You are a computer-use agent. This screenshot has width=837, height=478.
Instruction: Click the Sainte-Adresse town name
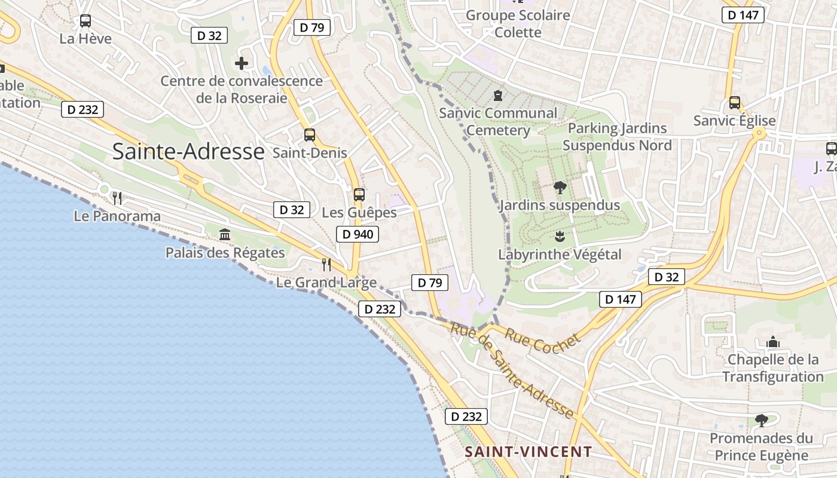(x=188, y=152)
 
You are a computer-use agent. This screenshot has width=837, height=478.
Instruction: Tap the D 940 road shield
(x=358, y=234)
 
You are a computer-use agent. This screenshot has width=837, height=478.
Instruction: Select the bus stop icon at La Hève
(x=85, y=21)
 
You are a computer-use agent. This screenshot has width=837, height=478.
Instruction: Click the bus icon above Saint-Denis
(x=309, y=135)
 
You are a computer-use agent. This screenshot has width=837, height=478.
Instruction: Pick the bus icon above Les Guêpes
(x=359, y=195)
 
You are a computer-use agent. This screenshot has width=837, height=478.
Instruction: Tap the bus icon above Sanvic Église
(x=734, y=103)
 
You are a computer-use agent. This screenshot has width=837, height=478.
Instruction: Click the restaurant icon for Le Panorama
(x=117, y=198)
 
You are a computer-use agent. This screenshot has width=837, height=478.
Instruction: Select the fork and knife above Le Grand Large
(x=326, y=264)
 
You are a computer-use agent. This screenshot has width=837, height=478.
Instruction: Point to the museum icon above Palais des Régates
(x=225, y=234)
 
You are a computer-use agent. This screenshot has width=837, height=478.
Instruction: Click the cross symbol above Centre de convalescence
(x=242, y=63)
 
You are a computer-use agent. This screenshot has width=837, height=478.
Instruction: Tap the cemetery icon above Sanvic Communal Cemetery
(x=497, y=95)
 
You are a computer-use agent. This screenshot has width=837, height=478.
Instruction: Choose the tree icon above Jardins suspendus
(x=560, y=188)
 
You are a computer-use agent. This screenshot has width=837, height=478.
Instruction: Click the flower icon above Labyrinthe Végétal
(x=560, y=236)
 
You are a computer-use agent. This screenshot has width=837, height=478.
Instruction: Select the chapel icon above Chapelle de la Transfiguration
(x=773, y=342)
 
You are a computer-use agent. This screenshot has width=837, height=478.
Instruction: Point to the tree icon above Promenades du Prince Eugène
(x=761, y=421)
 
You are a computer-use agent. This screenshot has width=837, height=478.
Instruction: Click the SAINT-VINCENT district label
(x=529, y=452)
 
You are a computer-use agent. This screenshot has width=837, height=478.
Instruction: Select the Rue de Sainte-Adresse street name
(x=512, y=370)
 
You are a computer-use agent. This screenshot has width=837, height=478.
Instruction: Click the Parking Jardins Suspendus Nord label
(x=617, y=137)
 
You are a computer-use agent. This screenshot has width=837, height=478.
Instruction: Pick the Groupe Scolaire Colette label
(x=518, y=23)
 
